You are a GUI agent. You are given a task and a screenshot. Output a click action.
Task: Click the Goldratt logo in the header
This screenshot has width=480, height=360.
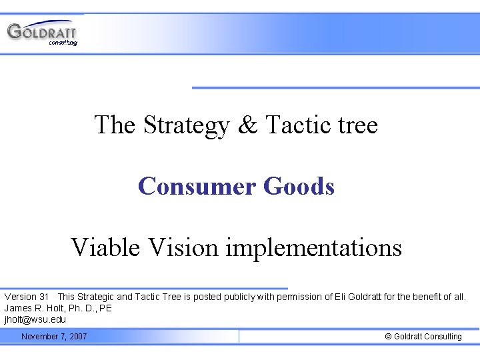click(41, 31)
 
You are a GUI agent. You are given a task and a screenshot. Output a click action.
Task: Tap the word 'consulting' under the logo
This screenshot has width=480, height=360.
click(63, 43)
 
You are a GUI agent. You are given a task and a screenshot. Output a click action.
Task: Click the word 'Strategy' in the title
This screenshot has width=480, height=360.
click(183, 125)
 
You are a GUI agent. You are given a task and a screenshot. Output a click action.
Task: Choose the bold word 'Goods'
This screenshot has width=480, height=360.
click(299, 186)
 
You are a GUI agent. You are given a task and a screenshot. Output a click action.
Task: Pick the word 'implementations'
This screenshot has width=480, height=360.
click(314, 248)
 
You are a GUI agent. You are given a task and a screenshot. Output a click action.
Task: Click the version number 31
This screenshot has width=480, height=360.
click(45, 297)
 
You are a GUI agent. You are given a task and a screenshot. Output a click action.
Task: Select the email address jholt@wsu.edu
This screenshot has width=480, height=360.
click(35, 319)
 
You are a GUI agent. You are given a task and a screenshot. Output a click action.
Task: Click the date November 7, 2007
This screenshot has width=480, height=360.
click(54, 337)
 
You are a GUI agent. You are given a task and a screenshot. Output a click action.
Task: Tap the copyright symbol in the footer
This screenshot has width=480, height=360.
click(389, 337)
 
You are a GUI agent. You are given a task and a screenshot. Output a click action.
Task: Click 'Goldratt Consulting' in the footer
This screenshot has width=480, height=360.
click(428, 337)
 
